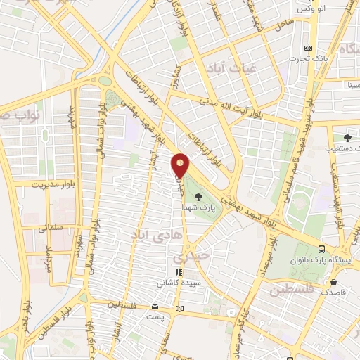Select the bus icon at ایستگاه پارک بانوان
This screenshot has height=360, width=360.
pos(322,249)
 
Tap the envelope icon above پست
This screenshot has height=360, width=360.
pos(155,307)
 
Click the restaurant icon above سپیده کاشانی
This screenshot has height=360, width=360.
pos(179,271)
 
